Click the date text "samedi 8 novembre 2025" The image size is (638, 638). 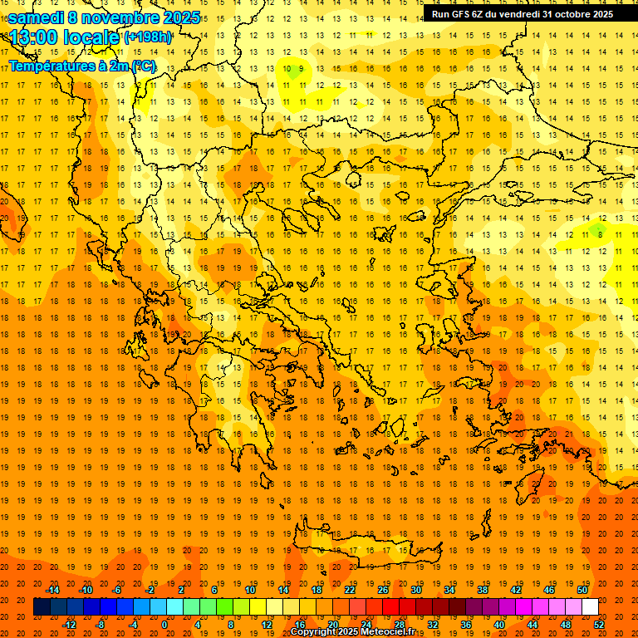pos(104,17)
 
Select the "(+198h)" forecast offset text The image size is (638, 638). pos(148,37)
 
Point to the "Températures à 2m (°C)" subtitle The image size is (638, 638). pos(81,65)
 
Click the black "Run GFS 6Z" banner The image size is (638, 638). pos(522,13)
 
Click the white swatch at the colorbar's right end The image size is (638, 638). pos(590,607)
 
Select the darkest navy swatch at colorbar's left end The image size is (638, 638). pos(42,607)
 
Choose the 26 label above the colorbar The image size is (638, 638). pos(383,590)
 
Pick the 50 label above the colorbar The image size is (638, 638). pos(582,590)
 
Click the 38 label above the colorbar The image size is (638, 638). pos(483,590)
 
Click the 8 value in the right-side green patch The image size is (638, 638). pos(600,235)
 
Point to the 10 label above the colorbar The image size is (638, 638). pos(249,590)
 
